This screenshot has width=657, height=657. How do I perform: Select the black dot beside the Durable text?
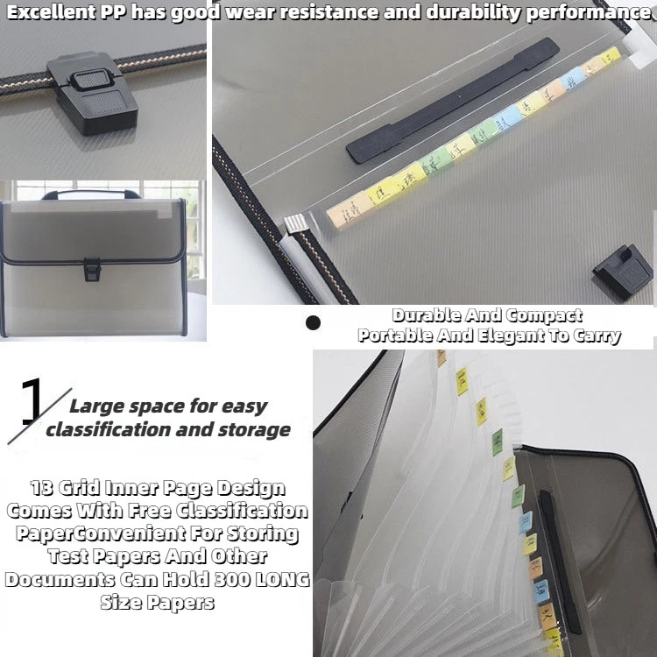pyautogui.click(x=313, y=323)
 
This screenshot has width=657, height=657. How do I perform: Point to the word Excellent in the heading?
pyautogui.click(x=52, y=12)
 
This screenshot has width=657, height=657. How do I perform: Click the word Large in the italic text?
pyautogui.click(x=95, y=406)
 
